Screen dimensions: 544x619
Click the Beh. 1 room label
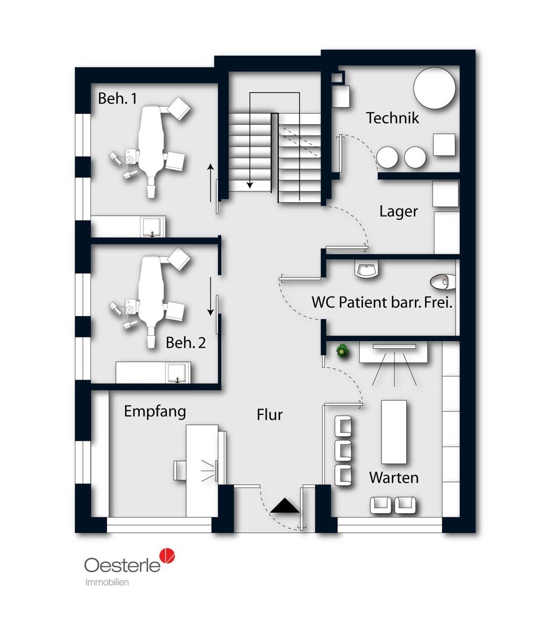(118, 99)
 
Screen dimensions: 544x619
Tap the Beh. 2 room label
(186, 343)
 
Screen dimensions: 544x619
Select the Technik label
(392, 118)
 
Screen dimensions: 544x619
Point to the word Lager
(398, 211)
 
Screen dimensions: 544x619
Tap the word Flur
(269, 415)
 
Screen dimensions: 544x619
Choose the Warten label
(394, 478)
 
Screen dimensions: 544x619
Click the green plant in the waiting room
(343, 351)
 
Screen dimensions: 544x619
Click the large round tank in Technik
(434, 88)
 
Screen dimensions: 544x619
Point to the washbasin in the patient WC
(366, 269)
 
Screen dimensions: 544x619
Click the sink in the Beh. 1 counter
(152, 226)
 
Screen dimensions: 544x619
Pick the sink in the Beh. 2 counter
(178, 372)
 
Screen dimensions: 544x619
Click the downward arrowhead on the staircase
(250, 185)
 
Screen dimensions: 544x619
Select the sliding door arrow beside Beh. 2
(211, 296)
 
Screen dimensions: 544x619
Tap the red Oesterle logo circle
(167, 556)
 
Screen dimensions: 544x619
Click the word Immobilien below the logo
(107, 582)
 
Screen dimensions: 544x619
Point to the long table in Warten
(394, 432)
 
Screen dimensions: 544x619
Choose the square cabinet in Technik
(444, 144)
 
